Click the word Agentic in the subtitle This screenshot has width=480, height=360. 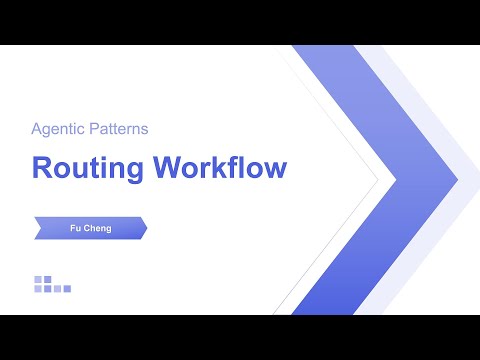(59, 129)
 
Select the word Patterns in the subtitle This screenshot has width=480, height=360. (118, 129)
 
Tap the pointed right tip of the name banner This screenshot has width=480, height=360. (147, 228)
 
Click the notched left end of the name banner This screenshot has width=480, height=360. (38, 228)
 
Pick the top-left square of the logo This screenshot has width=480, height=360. (38, 279)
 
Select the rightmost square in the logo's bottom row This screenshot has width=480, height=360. (67, 289)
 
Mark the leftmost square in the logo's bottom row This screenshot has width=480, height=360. (38, 289)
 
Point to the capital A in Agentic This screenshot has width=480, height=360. (36, 129)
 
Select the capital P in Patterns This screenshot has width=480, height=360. (94, 129)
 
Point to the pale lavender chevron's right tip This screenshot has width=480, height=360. (458, 181)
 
